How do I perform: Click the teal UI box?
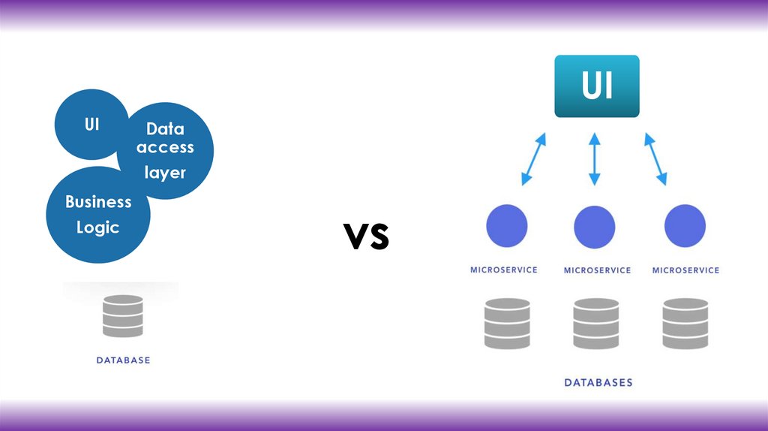click(x=597, y=86)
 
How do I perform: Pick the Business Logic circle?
click(x=98, y=215)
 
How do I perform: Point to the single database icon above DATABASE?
click(x=123, y=315)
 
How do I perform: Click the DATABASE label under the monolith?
click(x=123, y=360)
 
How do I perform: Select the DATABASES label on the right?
click(x=598, y=382)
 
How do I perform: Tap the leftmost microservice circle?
click(x=507, y=227)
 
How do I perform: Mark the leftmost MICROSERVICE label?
click(x=504, y=270)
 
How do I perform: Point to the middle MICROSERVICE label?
click(x=597, y=270)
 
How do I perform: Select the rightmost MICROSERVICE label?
click(x=685, y=270)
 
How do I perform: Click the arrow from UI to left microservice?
click(x=533, y=158)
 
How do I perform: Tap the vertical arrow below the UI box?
click(x=595, y=158)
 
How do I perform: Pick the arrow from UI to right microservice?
click(x=655, y=158)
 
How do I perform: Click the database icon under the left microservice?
click(x=507, y=324)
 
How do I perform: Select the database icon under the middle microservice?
click(x=596, y=324)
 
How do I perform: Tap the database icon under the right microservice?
click(x=685, y=324)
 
